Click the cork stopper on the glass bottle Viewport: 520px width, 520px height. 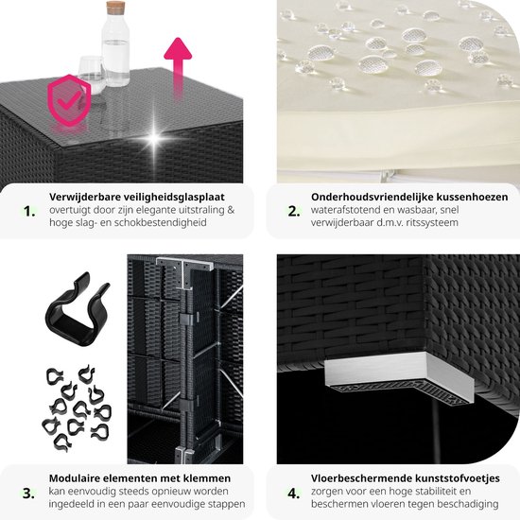[115, 8]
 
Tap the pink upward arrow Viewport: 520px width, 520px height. [178, 66]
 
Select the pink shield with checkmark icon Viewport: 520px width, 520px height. [69, 100]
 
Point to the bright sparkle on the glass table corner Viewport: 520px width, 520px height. [154, 137]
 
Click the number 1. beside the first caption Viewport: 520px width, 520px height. [29, 211]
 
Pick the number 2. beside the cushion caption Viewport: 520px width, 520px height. [294, 211]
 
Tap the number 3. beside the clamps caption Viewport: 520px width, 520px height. [29, 494]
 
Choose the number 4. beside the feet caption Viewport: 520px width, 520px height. [294, 494]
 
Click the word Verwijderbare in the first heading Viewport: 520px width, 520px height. [85, 197]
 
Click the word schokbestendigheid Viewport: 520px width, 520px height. [161, 222]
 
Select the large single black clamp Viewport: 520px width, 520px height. [77, 310]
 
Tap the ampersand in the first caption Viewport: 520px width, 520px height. [231, 210]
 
